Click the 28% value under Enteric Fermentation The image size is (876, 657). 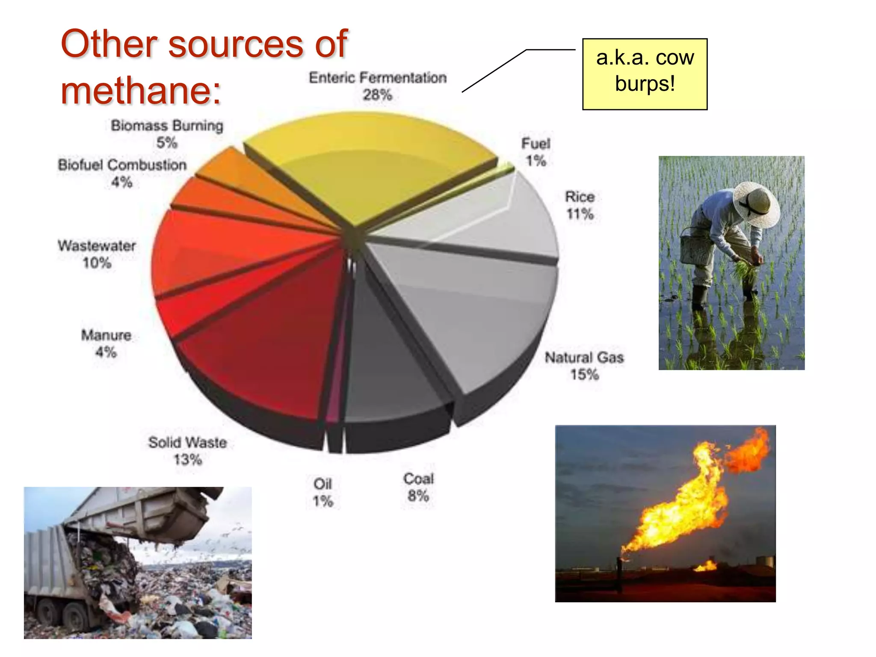point(377,95)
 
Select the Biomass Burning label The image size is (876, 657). point(167,126)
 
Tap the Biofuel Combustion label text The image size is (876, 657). point(122,165)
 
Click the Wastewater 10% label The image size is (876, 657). point(97,254)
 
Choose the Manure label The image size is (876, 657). point(106,335)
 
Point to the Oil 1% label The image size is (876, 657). point(323,492)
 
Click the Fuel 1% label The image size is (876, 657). point(536,152)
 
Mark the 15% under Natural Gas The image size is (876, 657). point(584,375)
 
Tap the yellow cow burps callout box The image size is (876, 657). point(645,74)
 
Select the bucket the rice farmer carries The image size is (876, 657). point(693,248)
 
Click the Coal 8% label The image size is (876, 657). point(418,487)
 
